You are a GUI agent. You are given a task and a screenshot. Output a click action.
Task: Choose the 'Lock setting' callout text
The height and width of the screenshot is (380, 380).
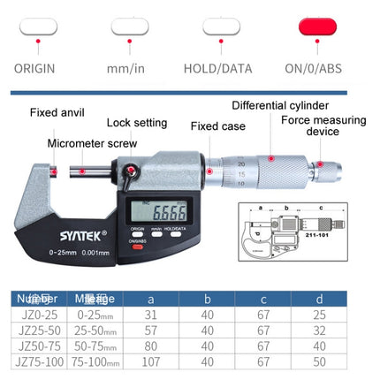pyautogui.click(x=137, y=123)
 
